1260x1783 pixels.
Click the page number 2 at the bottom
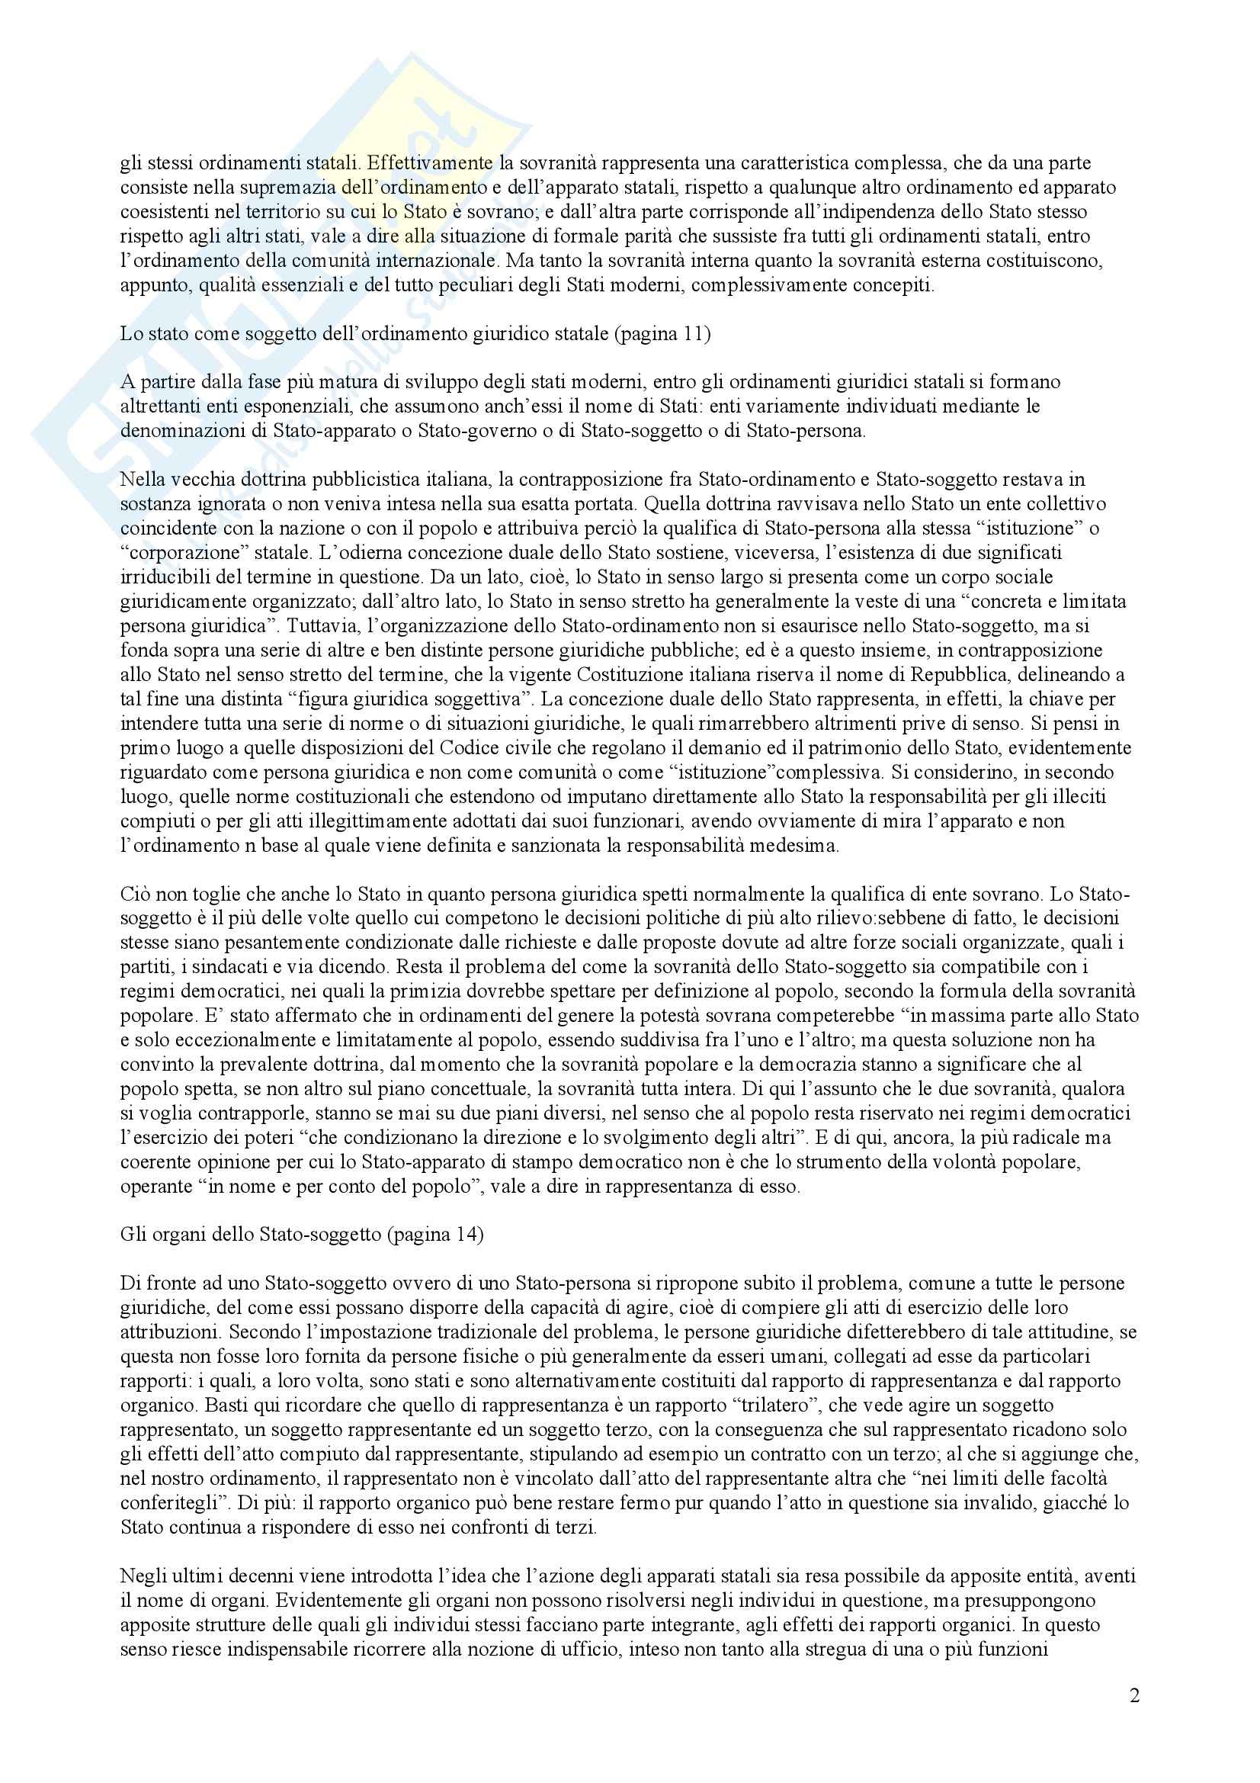[1134, 1695]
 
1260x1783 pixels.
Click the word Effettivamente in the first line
[430, 164]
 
